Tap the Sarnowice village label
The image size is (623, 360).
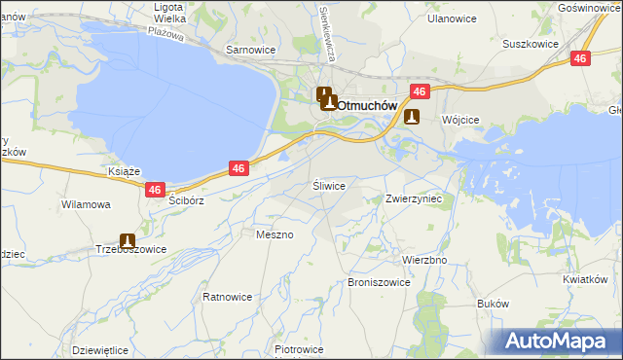tap(250, 49)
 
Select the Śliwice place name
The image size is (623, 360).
tap(328, 184)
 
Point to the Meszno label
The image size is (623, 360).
tap(275, 234)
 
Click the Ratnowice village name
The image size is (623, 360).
tap(228, 296)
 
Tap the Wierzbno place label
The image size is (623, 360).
tap(424, 261)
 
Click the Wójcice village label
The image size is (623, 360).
tap(460, 119)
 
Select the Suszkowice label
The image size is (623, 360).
tap(530, 44)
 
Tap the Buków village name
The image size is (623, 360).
tap(494, 304)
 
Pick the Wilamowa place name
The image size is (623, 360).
tap(86, 205)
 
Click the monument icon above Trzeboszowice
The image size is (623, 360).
tap(127, 240)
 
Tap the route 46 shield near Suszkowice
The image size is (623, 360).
tap(580, 58)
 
